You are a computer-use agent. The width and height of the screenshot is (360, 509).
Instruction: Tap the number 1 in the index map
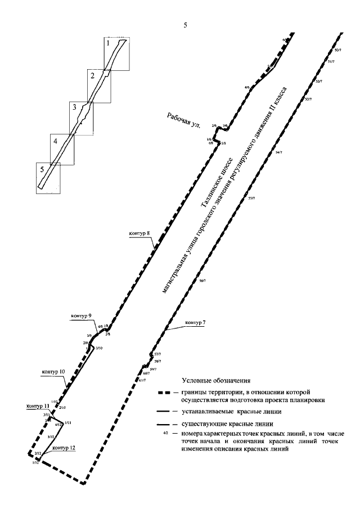click(x=108, y=42)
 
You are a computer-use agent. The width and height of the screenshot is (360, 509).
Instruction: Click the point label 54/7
click(x=280, y=152)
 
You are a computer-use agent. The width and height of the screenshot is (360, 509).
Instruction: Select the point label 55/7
click(x=251, y=197)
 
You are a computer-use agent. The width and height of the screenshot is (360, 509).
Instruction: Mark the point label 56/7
click(x=203, y=280)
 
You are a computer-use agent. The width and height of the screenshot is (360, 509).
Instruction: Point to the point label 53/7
click(x=307, y=99)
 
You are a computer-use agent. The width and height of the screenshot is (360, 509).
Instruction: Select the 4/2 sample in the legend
click(x=165, y=434)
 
